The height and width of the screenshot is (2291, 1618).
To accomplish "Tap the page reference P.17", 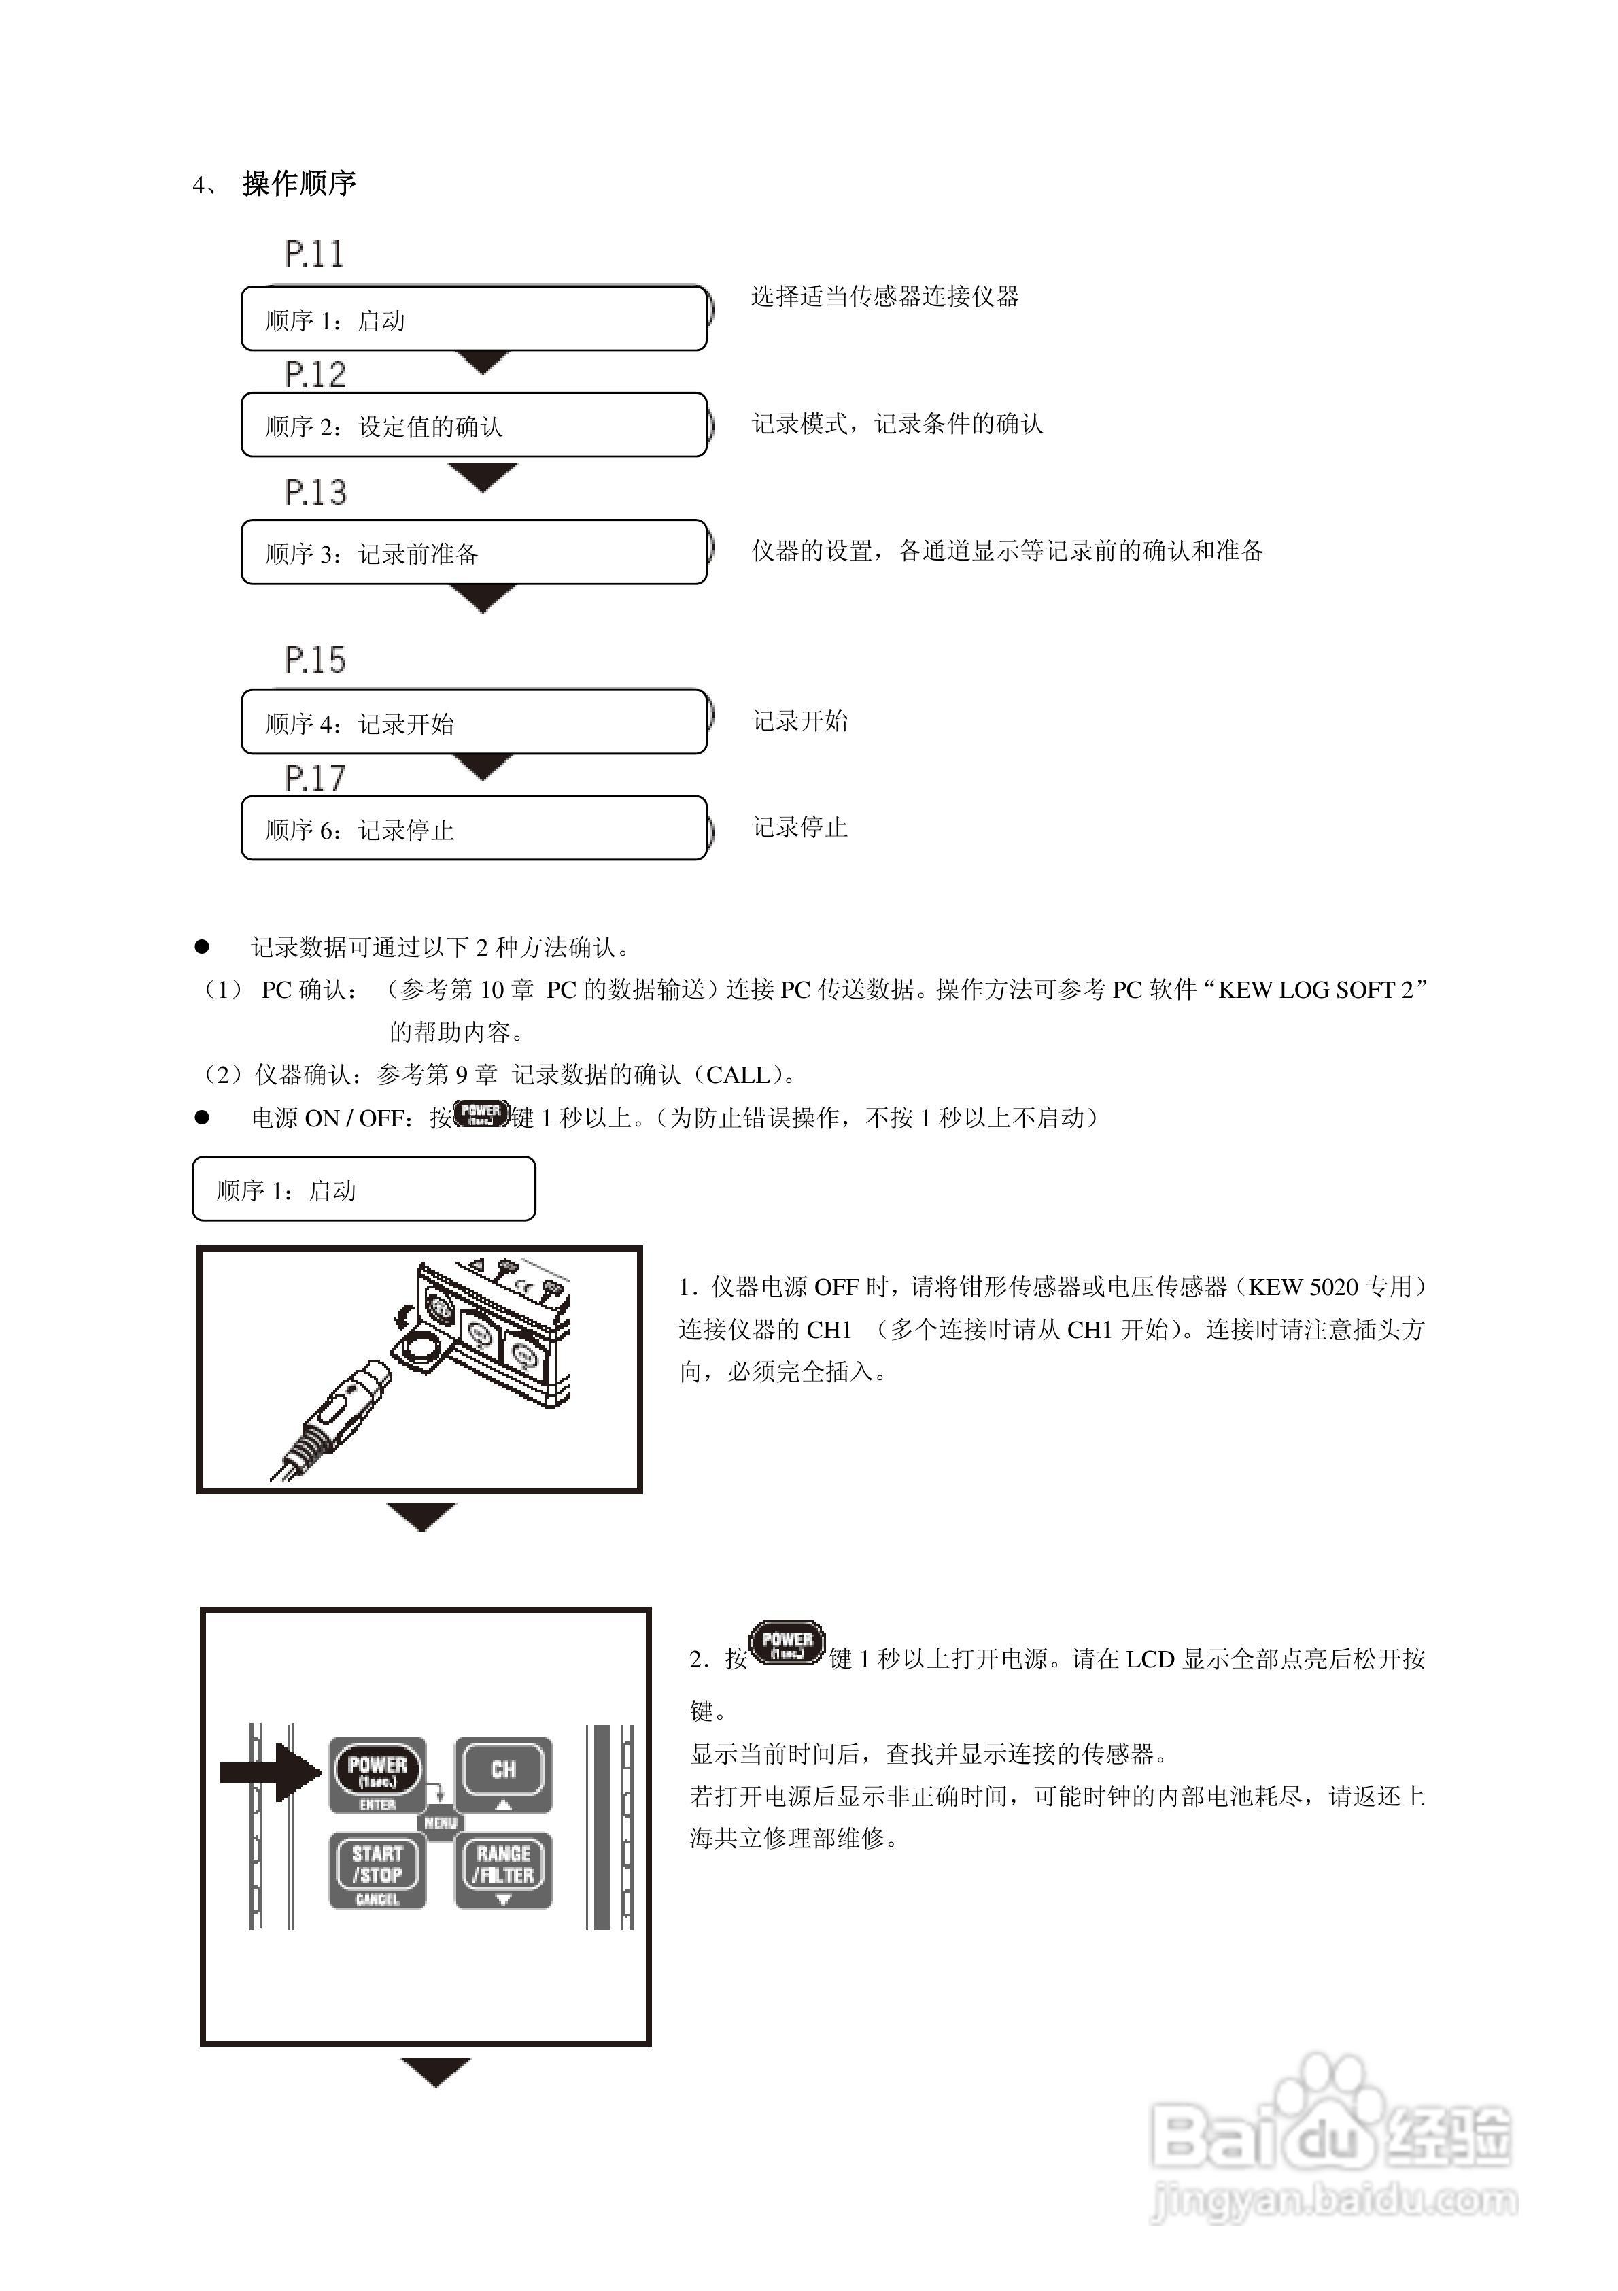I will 315,777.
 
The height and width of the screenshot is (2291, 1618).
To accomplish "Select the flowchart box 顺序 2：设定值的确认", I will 474,426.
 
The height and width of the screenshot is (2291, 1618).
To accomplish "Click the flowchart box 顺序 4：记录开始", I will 474,722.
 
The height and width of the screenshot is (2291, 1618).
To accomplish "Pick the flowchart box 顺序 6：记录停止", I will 474,829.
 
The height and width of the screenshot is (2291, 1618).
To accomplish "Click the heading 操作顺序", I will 298,184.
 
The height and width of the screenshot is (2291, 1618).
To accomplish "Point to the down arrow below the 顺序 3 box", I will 482,599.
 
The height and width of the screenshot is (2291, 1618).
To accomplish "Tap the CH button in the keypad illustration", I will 504,1773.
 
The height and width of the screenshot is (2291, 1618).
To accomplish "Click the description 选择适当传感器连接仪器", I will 885,297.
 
